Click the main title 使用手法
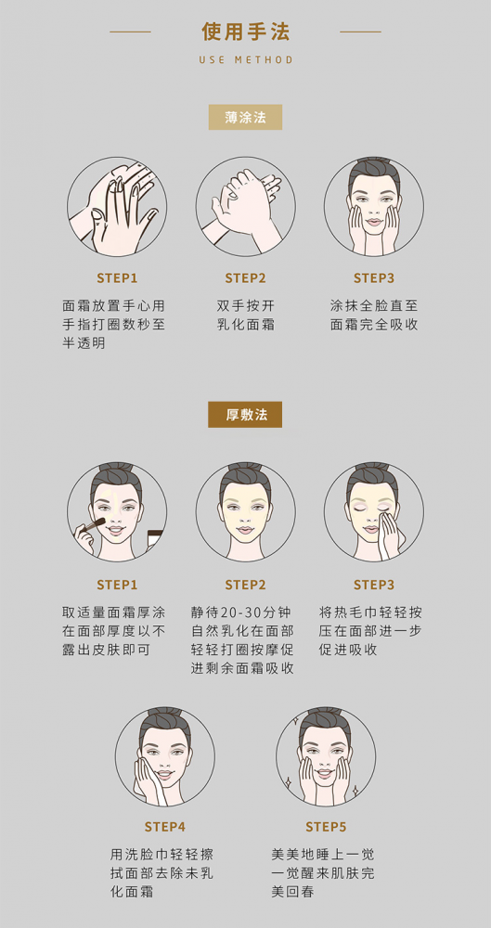pyautogui.click(x=245, y=32)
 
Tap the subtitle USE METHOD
pyautogui.click(x=246, y=59)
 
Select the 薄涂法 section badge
pyautogui.click(x=245, y=117)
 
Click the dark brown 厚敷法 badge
pyautogui.click(x=245, y=414)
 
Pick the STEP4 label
pyautogui.click(x=164, y=827)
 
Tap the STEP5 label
pyautogui.click(x=326, y=827)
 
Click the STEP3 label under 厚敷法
pyautogui.click(x=374, y=585)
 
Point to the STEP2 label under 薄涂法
pyautogui.click(x=245, y=278)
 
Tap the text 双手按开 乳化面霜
pyautogui.click(x=245, y=316)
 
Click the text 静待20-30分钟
pyautogui.click(x=242, y=612)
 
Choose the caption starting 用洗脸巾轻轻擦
pyautogui.click(x=162, y=873)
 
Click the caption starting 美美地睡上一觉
pyautogui.click(x=323, y=873)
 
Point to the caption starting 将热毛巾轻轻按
pyautogui.click(x=370, y=631)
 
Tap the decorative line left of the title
pyautogui.click(x=130, y=32)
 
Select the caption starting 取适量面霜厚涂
pyautogui.click(x=114, y=631)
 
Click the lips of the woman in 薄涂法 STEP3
pyautogui.click(x=373, y=222)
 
